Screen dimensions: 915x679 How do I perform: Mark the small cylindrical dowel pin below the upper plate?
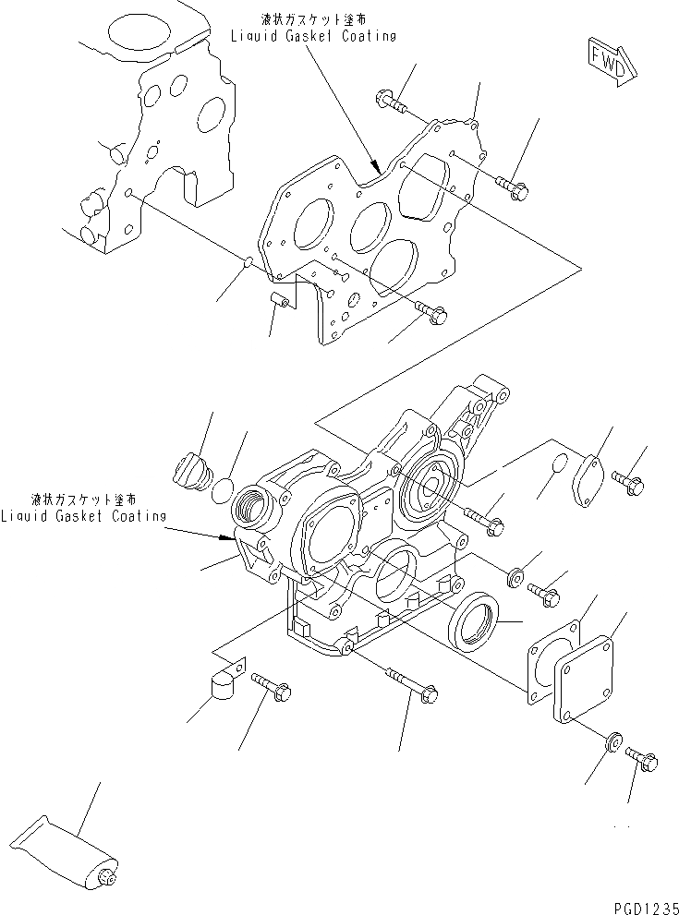point(280,301)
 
